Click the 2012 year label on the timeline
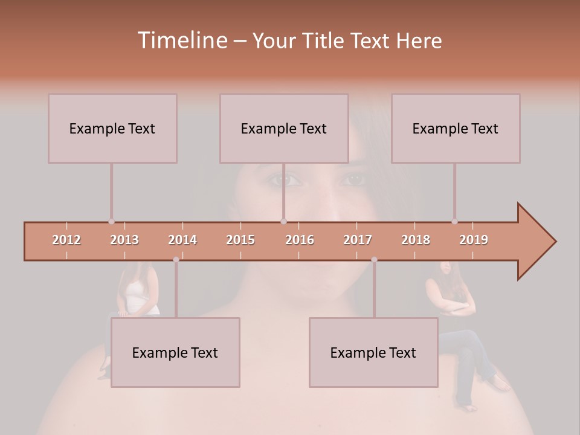pos(66,240)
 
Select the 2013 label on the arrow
pos(124,240)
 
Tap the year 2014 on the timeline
pos(182,240)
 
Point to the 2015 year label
pos(240,240)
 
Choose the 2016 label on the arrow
pos(300,240)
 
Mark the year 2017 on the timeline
pos(358,240)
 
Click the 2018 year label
pos(416,240)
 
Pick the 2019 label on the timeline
pos(474,240)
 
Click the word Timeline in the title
pos(182,40)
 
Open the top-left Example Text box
pos(112,128)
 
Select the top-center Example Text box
pos(284,128)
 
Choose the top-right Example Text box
pos(456,128)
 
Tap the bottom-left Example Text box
pos(175,352)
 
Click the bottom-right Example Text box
pos(373,352)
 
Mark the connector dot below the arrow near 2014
pos(176,260)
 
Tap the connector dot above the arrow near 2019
pos(454,222)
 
